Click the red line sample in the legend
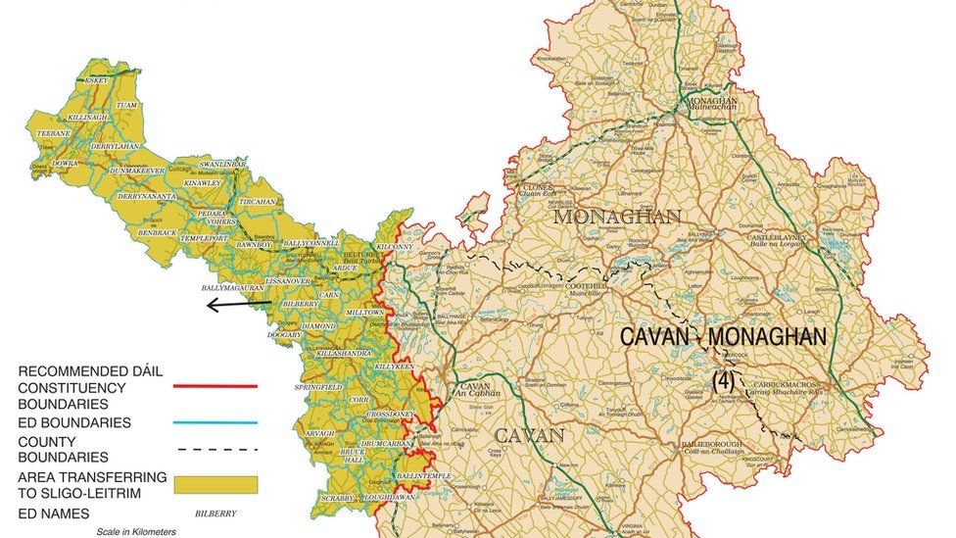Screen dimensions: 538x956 (x=215, y=386)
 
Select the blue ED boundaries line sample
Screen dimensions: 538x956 (x=215, y=422)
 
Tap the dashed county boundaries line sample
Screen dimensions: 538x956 (x=215, y=449)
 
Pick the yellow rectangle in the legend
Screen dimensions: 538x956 (x=215, y=484)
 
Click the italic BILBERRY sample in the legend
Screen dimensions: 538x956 (x=215, y=513)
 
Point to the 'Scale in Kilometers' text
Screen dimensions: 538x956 (x=136, y=531)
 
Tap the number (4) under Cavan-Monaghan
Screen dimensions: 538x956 (x=723, y=378)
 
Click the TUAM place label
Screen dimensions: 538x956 (x=126, y=105)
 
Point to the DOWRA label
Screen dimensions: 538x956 (x=65, y=163)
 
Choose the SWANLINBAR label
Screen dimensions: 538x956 (x=222, y=164)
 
